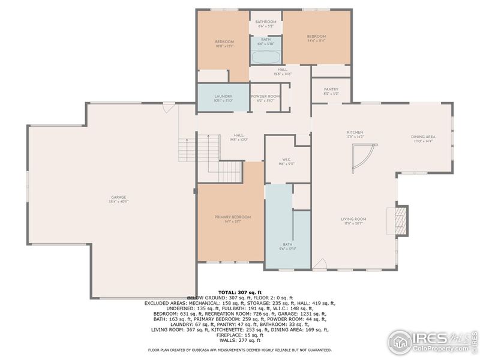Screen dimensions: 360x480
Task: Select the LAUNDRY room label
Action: (x=223, y=98)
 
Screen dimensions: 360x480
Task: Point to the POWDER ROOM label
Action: (x=265, y=98)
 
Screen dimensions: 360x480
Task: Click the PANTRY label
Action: (x=331, y=91)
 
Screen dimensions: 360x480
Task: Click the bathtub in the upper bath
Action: (x=266, y=58)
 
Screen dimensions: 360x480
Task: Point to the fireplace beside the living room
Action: (x=400, y=220)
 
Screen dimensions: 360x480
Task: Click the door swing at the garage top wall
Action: (x=169, y=108)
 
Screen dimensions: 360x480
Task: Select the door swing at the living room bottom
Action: (x=320, y=264)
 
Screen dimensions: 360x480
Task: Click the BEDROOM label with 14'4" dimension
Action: (x=316, y=38)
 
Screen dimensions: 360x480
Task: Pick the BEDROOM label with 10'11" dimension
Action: (x=224, y=43)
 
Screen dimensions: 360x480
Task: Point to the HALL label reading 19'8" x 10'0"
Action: (x=239, y=137)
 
